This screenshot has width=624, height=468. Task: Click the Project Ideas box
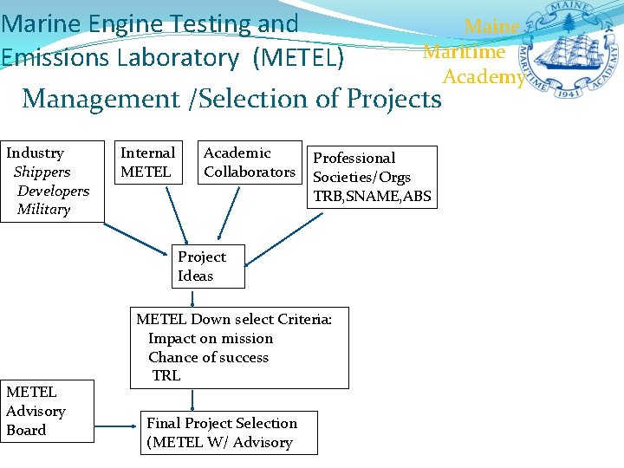tap(207, 266)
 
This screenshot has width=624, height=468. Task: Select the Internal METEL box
tap(147, 162)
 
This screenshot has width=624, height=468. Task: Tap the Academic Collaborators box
tap(250, 162)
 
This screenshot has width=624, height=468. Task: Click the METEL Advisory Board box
tap(47, 412)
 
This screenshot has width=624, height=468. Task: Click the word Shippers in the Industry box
tap(42, 172)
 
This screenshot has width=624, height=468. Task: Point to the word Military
tap(43, 210)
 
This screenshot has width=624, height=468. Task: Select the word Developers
tap(53, 191)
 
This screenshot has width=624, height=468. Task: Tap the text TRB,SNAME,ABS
tap(372, 196)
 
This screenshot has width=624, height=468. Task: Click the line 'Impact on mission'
tap(211, 338)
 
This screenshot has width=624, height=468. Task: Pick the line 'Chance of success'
tap(208, 357)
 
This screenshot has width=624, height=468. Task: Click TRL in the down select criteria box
tap(166, 375)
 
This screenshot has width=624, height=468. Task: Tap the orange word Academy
tap(483, 76)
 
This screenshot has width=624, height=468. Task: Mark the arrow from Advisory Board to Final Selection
tap(115, 426)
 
